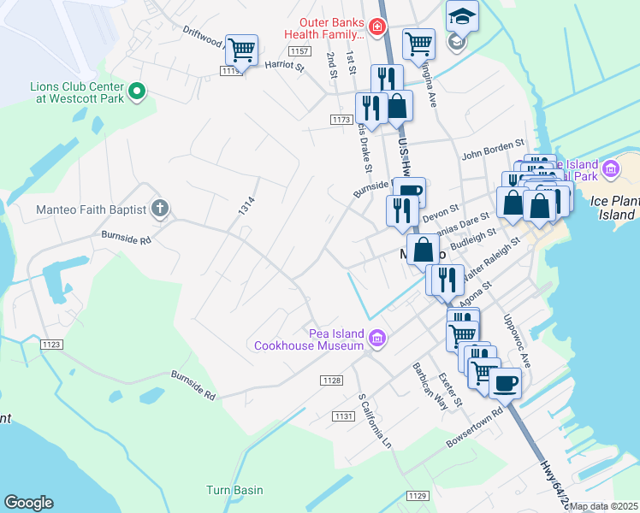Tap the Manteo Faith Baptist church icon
pyautogui.click(x=159, y=209)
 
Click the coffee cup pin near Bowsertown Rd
pyautogui.click(x=506, y=383)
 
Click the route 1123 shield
pyautogui.click(x=50, y=344)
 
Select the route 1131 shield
pyautogui.click(x=344, y=416)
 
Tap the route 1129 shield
pyautogui.click(x=417, y=496)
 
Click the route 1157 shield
pyautogui.click(x=298, y=52)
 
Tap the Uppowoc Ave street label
pyautogui.click(x=517, y=341)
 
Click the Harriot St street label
pyautogui.click(x=284, y=65)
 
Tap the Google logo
pyautogui.click(x=28, y=503)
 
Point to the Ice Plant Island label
pyautogui.click(x=615, y=209)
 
